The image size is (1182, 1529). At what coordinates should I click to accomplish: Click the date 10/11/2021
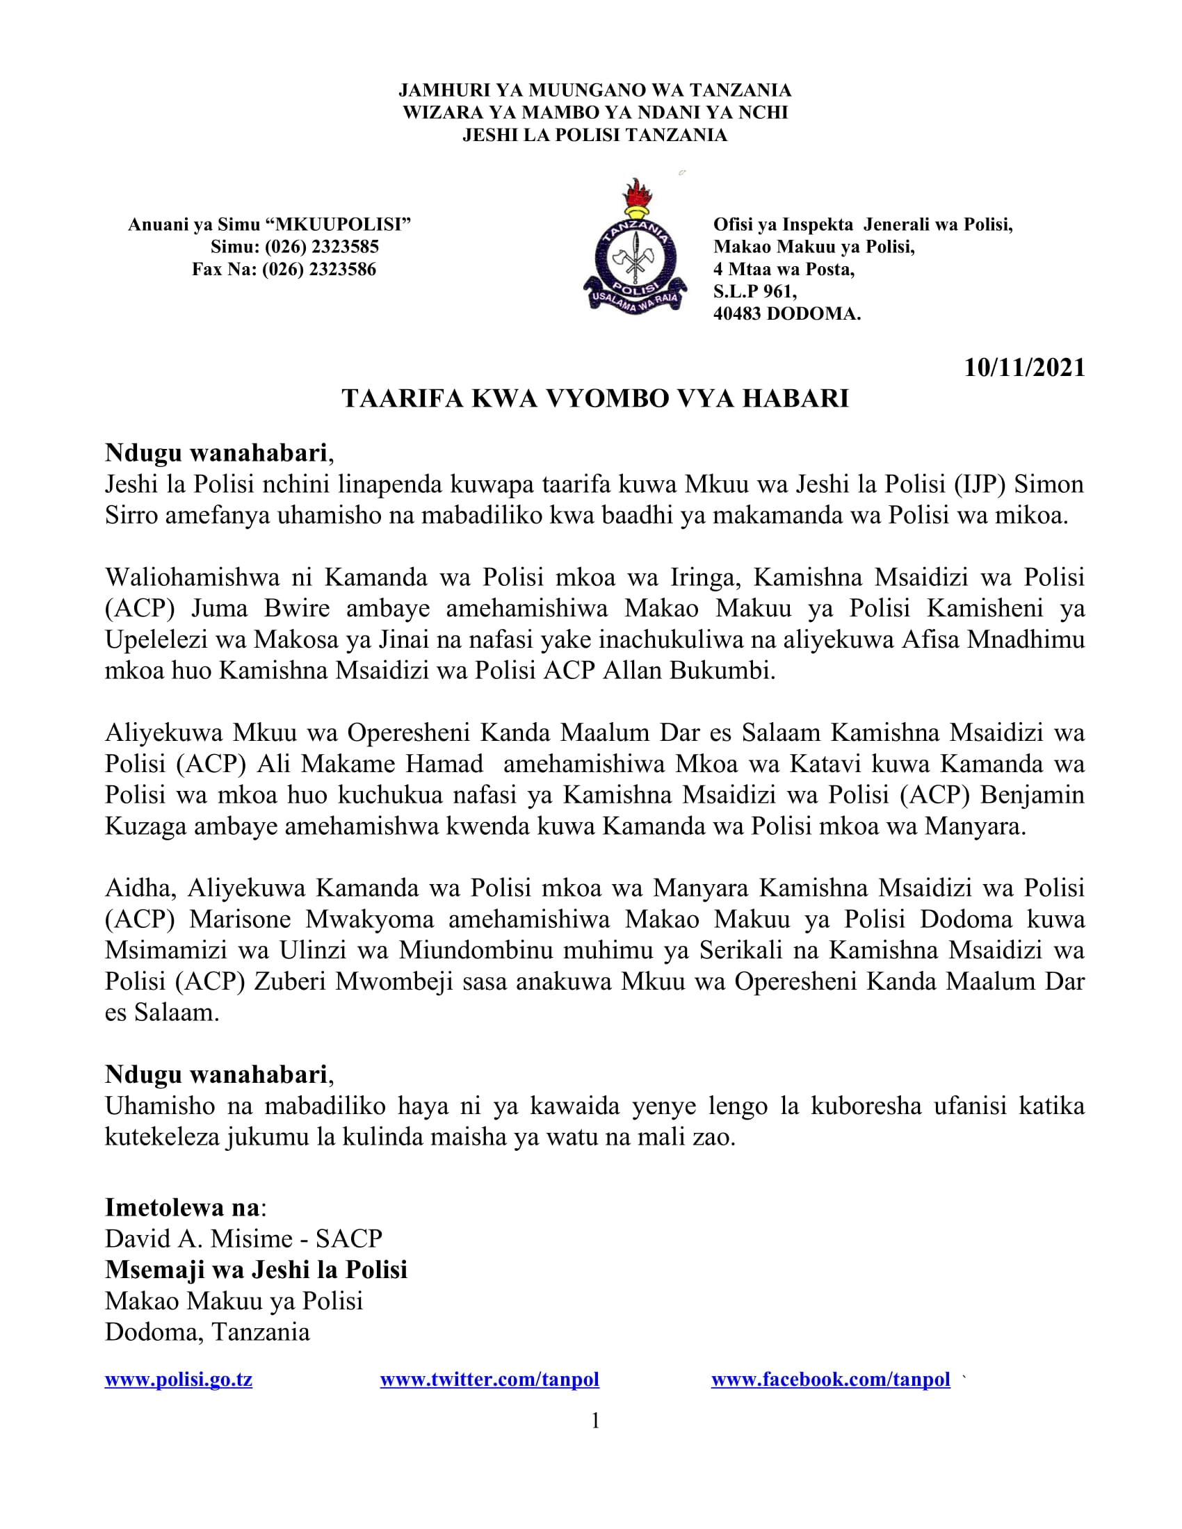tap(1023, 368)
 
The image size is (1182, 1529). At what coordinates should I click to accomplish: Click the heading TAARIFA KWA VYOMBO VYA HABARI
tap(595, 398)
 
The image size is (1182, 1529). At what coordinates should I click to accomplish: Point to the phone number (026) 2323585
tap(321, 247)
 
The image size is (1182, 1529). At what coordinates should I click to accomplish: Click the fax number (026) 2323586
tap(318, 269)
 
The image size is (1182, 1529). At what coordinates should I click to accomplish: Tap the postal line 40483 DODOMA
tap(786, 313)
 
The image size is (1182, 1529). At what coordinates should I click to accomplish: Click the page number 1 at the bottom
tap(595, 1421)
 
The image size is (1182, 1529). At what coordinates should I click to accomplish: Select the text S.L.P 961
tap(754, 291)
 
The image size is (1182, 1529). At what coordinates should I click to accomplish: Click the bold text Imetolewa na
tap(182, 1207)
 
